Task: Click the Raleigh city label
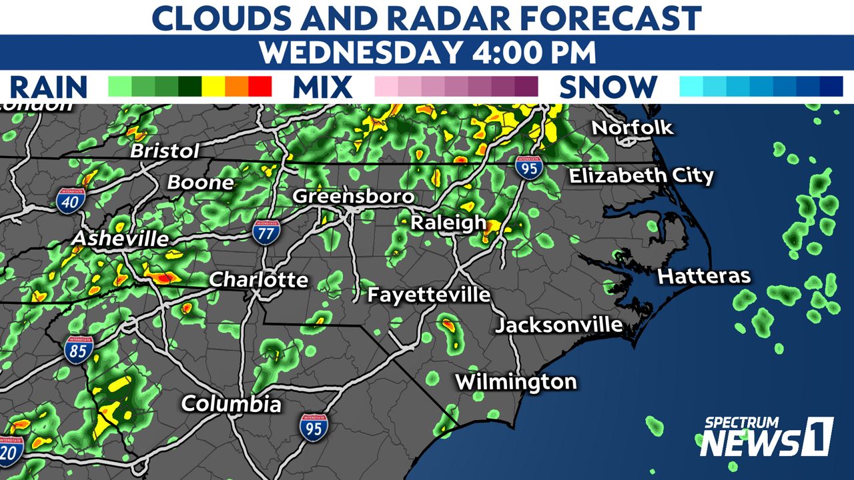448,223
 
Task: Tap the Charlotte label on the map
259,280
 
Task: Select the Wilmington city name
516,382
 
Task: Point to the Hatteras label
704,277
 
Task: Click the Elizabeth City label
640,176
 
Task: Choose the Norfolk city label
632,127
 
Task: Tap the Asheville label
120,239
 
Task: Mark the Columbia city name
231,404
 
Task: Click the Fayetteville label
429,295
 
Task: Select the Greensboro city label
354,197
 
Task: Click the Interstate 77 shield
266,233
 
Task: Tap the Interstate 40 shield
71,199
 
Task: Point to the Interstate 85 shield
79,349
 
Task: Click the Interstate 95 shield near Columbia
313,427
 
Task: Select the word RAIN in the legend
49,87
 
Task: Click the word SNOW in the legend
608,87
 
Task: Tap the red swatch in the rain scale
260,87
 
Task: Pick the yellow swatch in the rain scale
213,87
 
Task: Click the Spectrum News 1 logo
767,437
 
